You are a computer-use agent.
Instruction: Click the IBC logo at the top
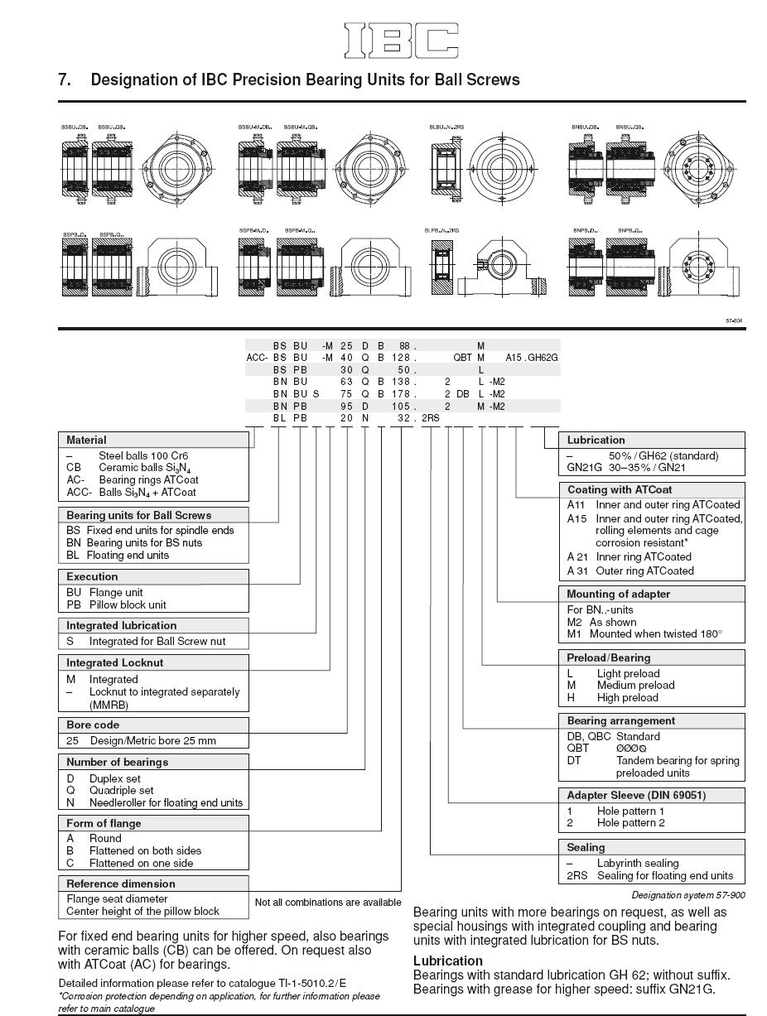tap(401, 41)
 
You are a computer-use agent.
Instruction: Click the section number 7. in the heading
tap(65, 80)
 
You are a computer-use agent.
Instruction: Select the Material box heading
tap(86, 441)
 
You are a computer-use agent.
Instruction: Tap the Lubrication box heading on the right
tap(596, 441)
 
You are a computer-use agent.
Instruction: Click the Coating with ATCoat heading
tap(619, 489)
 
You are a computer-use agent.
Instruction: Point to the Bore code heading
tap(93, 725)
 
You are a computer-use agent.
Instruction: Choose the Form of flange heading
tap(104, 823)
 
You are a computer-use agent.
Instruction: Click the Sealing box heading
tap(586, 847)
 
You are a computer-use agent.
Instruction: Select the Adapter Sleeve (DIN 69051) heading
tap(636, 795)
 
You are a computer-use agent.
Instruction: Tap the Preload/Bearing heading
tap(608, 657)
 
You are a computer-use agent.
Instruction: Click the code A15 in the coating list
tap(576, 518)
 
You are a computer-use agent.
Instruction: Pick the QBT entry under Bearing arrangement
tap(578, 749)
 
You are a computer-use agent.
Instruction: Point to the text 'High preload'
tap(627, 697)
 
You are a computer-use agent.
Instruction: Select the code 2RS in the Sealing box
tap(577, 875)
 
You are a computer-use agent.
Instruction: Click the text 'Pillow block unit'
tap(128, 604)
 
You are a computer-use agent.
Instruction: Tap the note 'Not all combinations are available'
tap(327, 902)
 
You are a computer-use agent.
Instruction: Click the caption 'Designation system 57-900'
tap(687, 895)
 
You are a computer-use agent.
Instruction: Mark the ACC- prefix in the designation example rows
tap(257, 358)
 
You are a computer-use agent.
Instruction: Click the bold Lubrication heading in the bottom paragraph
tap(447, 961)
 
